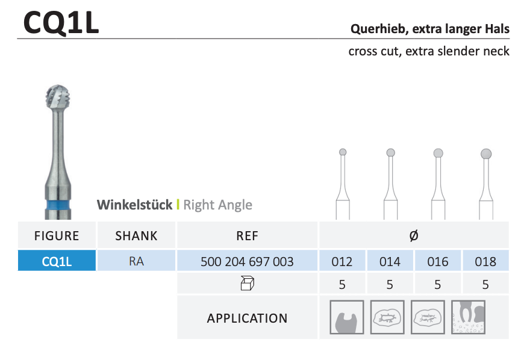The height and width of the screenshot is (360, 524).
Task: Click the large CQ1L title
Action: click(61, 22)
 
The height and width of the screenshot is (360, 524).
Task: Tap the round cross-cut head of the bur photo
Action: click(58, 97)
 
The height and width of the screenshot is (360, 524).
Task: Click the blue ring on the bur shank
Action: click(58, 204)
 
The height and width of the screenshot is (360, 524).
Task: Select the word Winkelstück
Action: click(135, 205)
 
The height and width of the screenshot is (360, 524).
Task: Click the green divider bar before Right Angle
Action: click(178, 204)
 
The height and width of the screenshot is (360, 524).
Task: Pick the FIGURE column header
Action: click(57, 236)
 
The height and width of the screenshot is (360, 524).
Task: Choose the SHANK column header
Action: click(136, 236)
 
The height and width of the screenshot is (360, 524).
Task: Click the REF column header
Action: click(248, 236)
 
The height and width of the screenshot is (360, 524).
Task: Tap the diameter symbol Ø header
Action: click(414, 235)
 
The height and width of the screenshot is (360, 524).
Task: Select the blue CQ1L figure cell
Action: click(57, 261)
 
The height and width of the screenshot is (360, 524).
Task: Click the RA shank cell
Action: click(136, 261)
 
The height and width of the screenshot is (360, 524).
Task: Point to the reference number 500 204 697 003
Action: click(247, 261)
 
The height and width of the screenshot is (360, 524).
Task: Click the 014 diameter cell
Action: click(390, 261)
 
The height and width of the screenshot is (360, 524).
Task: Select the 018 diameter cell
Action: click(485, 261)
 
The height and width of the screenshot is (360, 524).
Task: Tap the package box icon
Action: click(248, 284)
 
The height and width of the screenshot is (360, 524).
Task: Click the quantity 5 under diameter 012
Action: click(342, 285)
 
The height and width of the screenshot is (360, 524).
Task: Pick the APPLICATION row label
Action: click(248, 318)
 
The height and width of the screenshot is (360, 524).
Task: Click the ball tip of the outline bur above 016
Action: click(438, 154)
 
